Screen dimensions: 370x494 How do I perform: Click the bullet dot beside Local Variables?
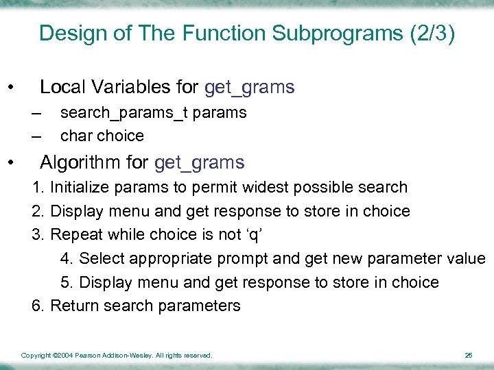pyautogui.click(x=10, y=88)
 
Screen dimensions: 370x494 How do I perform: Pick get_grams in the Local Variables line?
pyautogui.click(x=250, y=88)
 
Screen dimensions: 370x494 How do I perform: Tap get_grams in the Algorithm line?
pyautogui.click(x=200, y=163)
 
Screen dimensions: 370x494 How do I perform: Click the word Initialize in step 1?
pyautogui.click(x=79, y=188)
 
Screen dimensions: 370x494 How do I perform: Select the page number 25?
pyautogui.click(x=468, y=356)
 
